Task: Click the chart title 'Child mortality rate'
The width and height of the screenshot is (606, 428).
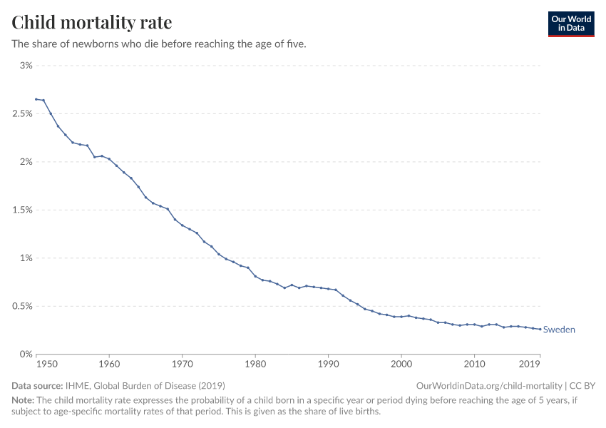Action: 91,22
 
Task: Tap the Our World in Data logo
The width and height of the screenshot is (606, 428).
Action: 570,23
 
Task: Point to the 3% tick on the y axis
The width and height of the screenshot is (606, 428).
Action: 26,66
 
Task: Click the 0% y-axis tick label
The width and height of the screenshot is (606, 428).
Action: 26,355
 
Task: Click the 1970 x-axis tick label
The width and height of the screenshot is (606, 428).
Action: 183,365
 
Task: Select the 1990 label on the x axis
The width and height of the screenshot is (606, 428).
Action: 328,365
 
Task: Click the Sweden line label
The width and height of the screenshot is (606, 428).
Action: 559,330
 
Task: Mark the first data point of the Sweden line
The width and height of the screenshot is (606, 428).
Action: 36,99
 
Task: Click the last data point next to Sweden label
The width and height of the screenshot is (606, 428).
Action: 540,329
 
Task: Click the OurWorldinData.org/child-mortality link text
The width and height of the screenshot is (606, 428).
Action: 490,385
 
